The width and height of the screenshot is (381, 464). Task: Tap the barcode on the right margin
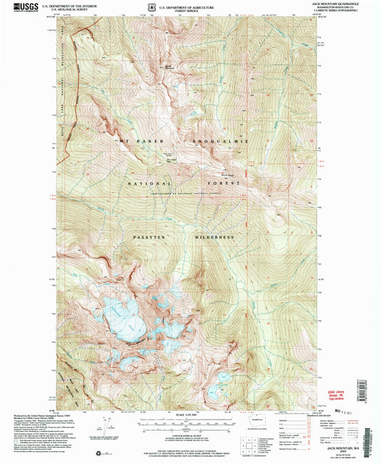click(371, 428)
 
